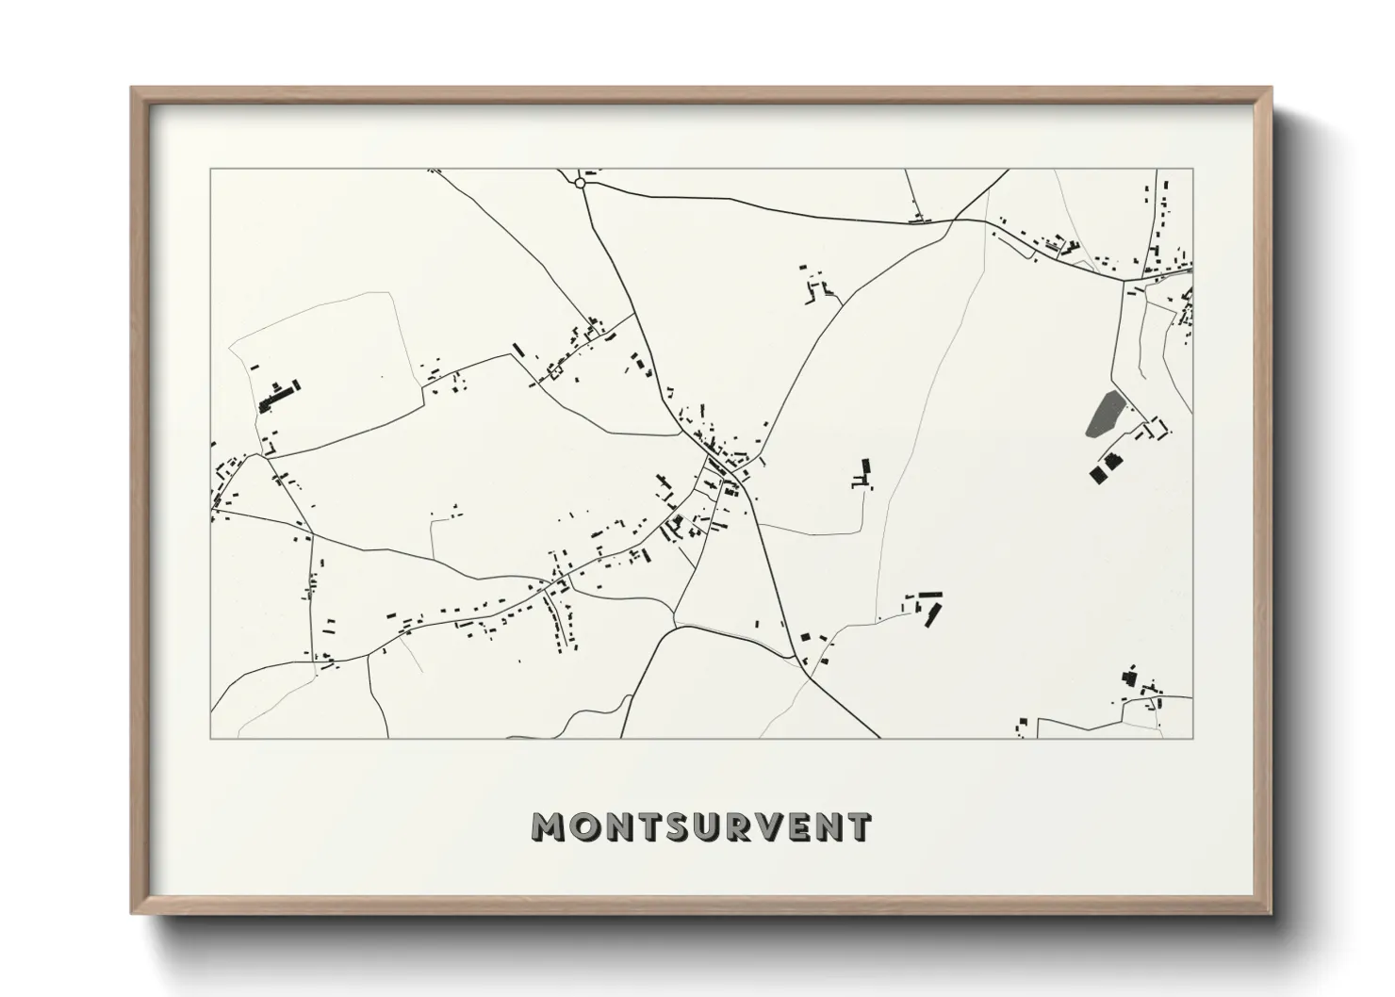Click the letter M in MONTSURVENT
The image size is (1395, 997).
tap(549, 826)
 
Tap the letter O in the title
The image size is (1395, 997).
tap(584, 826)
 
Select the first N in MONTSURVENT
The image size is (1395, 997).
tap(618, 826)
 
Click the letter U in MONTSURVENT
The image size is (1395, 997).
tap(708, 826)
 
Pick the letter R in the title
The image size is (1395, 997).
tap(739, 826)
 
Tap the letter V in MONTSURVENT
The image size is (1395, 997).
tap(769, 826)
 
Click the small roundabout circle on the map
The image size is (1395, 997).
tap(581, 183)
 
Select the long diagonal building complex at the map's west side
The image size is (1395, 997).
tap(279, 396)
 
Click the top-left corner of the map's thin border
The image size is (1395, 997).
tap(210, 170)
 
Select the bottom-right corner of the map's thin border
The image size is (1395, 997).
tap(1192, 738)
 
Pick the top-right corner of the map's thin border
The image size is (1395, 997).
tap(1192, 170)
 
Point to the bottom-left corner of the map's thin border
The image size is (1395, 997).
tap(210, 738)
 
